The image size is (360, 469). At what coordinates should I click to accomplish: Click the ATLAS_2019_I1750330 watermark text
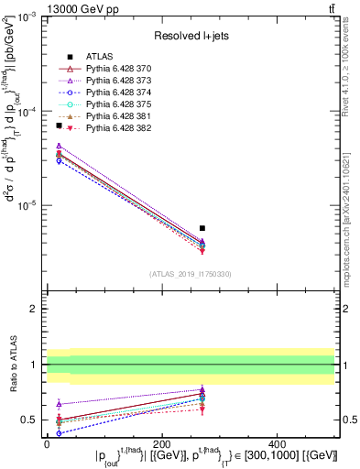pyautogui.click(x=191, y=274)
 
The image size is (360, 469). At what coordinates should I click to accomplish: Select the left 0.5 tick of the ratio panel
pyautogui.click(x=33, y=420)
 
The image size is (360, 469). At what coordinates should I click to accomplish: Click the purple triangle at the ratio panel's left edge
pyautogui.click(x=59, y=403)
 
